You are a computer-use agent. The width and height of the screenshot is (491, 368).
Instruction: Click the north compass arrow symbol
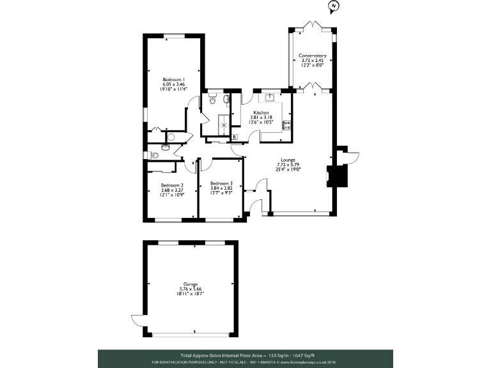[x=332, y=8]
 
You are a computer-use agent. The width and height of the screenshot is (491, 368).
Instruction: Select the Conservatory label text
[x=313, y=56]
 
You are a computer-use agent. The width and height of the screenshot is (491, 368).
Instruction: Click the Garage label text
[x=191, y=284]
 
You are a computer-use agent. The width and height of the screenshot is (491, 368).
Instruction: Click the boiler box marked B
[x=235, y=137]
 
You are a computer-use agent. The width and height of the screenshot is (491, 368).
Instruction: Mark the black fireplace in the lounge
[x=331, y=175]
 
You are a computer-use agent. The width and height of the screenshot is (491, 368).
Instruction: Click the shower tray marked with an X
[x=224, y=125]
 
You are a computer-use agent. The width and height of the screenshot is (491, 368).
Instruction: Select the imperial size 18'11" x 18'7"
[x=191, y=294]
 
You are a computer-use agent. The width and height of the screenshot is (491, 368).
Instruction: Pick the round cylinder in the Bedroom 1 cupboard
[x=170, y=137]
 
